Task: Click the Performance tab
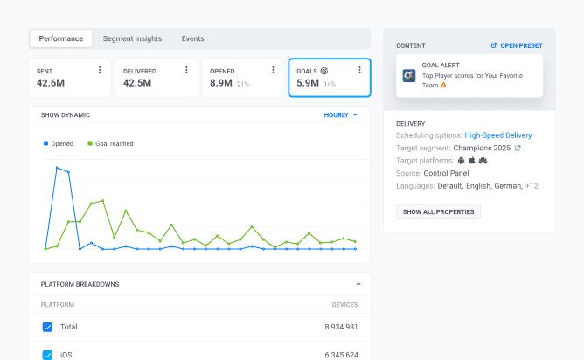coord(61,38)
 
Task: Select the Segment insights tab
coord(132,38)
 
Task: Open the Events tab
coord(192,38)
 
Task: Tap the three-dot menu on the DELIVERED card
coord(186,69)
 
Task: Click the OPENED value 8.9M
coord(220,83)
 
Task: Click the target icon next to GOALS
coord(324,69)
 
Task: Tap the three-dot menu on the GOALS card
coord(359,69)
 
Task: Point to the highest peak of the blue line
coord(58,167)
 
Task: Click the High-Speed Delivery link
coord(497,135)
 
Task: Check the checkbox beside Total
coord(47,327)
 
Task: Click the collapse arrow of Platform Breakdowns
coord(357,284)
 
